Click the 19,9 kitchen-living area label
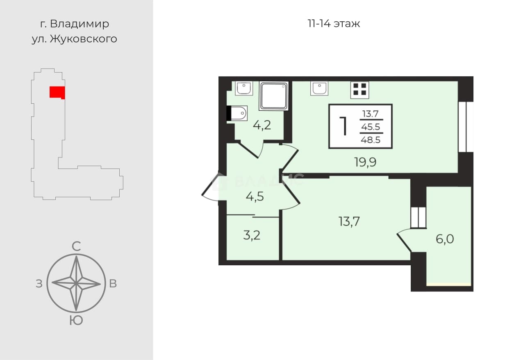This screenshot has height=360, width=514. [365, 162]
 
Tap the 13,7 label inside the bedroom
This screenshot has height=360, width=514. [349, 221]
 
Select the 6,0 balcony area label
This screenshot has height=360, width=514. [445, 239]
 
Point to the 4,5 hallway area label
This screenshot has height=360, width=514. [255, 197]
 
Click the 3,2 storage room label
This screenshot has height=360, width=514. [252, 235]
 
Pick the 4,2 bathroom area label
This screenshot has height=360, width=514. [262, 125]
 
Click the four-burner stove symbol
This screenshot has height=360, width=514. [359, 90]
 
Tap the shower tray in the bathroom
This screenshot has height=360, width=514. [274, 96]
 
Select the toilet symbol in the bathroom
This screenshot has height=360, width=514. [237, 113]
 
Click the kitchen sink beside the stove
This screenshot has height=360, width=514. [319, 89]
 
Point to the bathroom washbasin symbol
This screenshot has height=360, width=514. [244, 89]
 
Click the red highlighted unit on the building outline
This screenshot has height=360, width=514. [57, 93]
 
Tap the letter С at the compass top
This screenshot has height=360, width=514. [76, 246]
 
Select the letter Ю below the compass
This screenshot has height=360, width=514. [76, 321]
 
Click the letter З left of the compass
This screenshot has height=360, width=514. [39, 284]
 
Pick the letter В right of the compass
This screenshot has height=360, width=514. [113, 284]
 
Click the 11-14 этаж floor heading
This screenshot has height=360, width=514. [334, 24]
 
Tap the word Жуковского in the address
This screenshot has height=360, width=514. [84, 39]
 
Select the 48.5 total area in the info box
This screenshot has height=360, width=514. [371, 139]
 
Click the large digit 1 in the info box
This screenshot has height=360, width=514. [343, 126]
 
